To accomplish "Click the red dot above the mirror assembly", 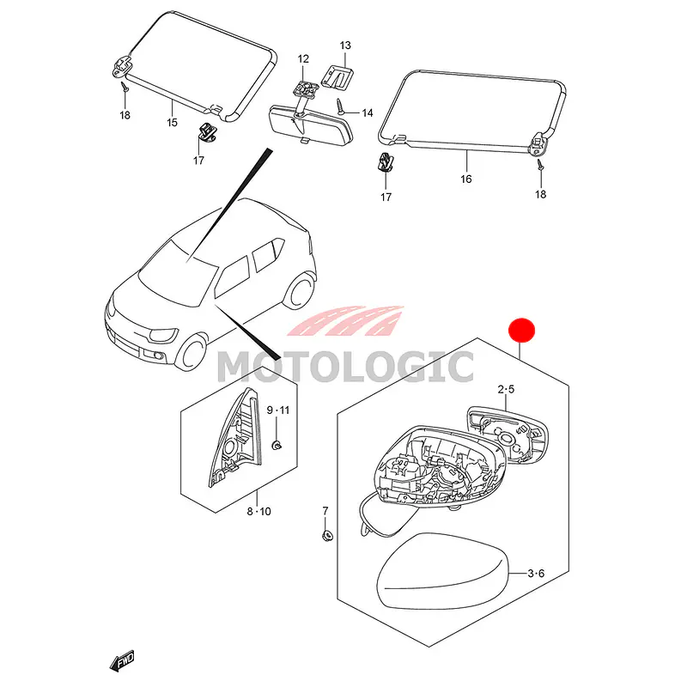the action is pyautogui.click(x=521, y=331).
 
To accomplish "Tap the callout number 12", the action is pyautogui.click(x=303, y=58).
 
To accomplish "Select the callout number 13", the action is pyautogui.click(x=345, y=46).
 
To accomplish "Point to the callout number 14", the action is pyautogui.click(x=368, y=113).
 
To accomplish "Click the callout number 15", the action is pyautogui.click(x=173, y=123).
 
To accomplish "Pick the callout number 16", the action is pyautogui.click(x=466, y=179).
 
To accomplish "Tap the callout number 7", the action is pyautogui.click(x=325, y=511).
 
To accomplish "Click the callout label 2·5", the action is pyautogui.click(x=506, y=390).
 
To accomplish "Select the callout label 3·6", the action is pyautogui.click(x=536, y=574).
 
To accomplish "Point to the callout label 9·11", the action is pyautogui.click(x=278, y=410).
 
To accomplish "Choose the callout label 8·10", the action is pyautogui.click(x=259, y=511).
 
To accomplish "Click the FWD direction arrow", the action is pyautogui.click(x=122, y=660).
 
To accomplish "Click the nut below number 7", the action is pyautogui.click(x=326, y=534).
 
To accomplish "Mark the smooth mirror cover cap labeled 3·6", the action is pyautogui.click(x=441, y=570).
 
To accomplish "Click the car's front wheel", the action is pyautogui.click(x=191, y=353).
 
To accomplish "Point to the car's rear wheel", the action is pyautogui.click(x=299, y=290).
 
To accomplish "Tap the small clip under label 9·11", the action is pyautogui.click(x=277, y=446).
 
